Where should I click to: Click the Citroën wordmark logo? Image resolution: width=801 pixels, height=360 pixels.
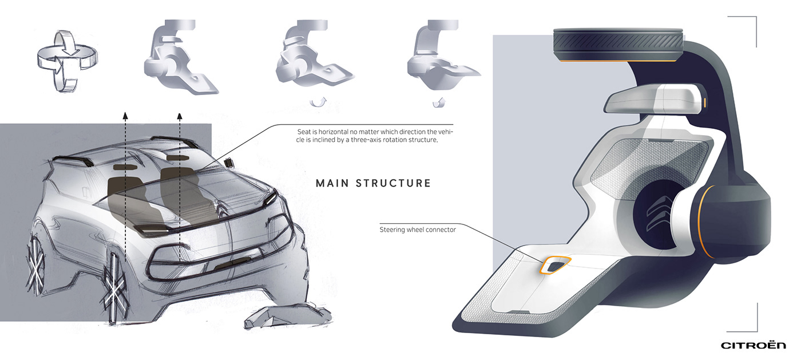[753, 345]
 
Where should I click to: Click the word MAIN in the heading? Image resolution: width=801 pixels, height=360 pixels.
[332, 183]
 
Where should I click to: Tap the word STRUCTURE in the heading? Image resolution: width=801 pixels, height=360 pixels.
[394, 183]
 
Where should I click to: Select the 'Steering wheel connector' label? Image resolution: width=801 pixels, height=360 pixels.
[418, 230]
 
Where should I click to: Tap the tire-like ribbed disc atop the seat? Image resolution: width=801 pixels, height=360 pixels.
[618, 45]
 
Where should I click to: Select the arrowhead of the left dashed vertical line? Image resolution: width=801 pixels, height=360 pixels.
[125, 115]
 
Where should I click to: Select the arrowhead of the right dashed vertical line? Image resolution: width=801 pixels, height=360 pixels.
[180, 116]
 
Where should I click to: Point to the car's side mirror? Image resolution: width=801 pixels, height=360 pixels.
[228, 163]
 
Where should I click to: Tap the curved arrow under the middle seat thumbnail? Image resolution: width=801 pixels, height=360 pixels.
[318, 102]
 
